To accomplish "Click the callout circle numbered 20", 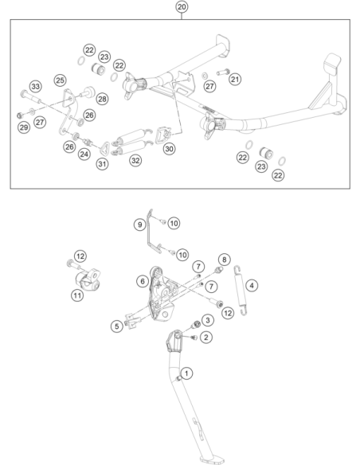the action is [182, 6].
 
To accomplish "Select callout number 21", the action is [235, 79].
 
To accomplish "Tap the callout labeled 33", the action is [36, 86].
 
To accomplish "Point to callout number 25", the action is [61, 80].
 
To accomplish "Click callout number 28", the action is [102, 99].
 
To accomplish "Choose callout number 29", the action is [24, 127].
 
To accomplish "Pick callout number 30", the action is [169, 149].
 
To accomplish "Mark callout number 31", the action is [102, 164].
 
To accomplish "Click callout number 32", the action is [135, 160].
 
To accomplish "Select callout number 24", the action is [84, 154].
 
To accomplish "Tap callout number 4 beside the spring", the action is [252, 285].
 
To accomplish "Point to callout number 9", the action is [139, 225].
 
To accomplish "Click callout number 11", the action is [77, 295].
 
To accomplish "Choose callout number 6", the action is [143, 281].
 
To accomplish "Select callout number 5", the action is [117, 326].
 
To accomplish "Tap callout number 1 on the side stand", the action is [186, 373].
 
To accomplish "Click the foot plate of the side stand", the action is [212, 460].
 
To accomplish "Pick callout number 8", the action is [224, 260].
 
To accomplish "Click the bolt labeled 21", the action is [223, 72].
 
